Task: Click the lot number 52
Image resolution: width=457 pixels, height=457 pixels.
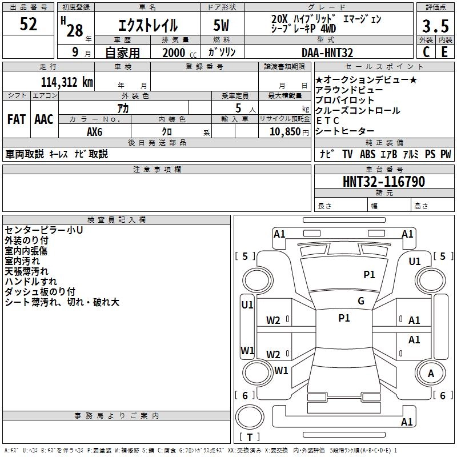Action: pyautogui.click(x=28, y=25)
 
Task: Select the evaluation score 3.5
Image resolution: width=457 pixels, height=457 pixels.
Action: pyautogui.click(x=435, y=26)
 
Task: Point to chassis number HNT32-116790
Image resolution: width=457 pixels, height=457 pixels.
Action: pyautogui.click(x=383, y=182)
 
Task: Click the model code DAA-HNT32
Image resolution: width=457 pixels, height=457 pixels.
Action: pyautogui.click(x=327, y=53)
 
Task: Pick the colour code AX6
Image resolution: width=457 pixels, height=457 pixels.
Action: pyautogui.click(x=95, y=131)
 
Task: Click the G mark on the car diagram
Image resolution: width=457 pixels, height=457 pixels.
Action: pyautogui.click(x=361, y=301)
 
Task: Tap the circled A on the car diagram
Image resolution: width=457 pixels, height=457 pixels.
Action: pyautogui.click(x=431, y=374)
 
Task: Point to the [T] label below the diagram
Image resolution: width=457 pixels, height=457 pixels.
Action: pyautogui.click(x=250, y=437)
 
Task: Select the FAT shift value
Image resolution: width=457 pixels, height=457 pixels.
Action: pyautogui.click(x=16, y=119)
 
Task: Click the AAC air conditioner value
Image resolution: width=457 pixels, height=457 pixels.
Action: pyautogui.click(x=44, y=119)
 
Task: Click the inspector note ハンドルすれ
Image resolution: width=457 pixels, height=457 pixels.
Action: pyautogui.click(x=31, y=282)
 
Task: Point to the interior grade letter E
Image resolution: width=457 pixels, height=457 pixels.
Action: pyautogui.click(x=444, y=51)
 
